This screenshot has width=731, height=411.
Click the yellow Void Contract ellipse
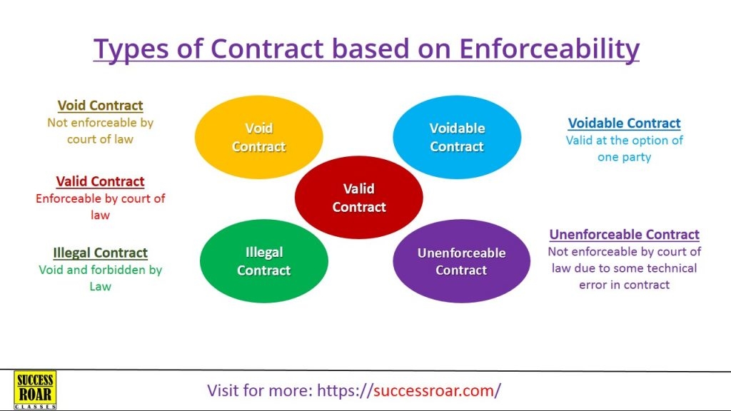click(x=258, y=137)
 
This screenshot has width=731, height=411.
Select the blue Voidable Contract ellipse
click(x=457, y=137)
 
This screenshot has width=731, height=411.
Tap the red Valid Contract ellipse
click(x=359, y=198)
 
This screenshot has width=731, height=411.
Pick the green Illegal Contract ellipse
click(x=264, y=261)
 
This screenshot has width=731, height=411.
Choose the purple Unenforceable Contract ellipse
click(x=462, y=261)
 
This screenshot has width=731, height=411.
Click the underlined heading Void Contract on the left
click(x=100, y=106)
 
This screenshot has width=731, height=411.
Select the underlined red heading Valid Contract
click(x=100, y=181)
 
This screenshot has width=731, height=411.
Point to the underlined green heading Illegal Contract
click(x=100, y=253)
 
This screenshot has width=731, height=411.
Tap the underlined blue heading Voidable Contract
click(x=624, y=123)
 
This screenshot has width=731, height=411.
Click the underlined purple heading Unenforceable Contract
click(x=624, y=234)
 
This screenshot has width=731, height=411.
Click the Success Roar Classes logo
click(x=35, y=390)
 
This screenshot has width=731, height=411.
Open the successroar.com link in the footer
click(x=409, y=390)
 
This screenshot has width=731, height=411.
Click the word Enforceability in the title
click(x=549, y=49)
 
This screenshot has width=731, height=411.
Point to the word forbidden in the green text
click(x=119, y=270)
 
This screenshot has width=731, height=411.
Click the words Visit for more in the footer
click(x=260, y=390)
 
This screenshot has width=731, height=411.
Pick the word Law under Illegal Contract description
click(x=100, y=287)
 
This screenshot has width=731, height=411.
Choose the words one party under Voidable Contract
click(x=624, y=158)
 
